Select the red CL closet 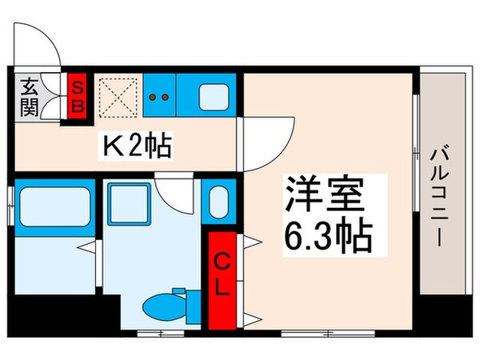(223, 274)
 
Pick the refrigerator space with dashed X (118, 97)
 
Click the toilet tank (193, 304)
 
